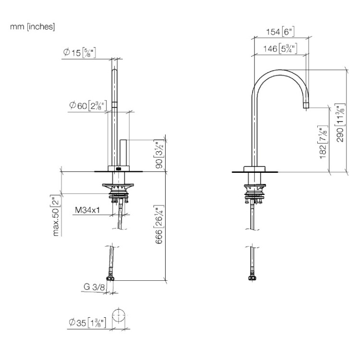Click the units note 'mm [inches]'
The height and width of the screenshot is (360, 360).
(32, 26)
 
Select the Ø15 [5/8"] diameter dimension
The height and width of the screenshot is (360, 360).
(79, 53)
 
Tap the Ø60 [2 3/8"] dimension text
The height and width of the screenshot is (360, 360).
(88, 106)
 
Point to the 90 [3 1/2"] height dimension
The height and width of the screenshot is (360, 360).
(159, 154)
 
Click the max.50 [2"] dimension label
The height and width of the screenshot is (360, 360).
(56, 216)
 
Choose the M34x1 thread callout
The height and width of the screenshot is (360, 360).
(87, 210)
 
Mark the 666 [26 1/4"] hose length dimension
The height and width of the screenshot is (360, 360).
(159, 224)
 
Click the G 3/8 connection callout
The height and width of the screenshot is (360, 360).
(94, 287)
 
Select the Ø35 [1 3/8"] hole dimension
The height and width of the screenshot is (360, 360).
(87, 323)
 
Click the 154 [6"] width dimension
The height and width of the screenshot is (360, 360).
(280, 32)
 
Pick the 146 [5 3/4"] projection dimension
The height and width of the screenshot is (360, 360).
(280, 48)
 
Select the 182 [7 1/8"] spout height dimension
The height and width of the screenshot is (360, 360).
(323, 142)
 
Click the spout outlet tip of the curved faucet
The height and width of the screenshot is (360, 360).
(306, 106)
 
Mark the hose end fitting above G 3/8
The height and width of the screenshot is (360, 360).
(110, 278)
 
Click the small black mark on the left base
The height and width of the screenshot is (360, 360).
(119, 169)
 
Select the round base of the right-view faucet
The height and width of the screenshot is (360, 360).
(254, 169)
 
